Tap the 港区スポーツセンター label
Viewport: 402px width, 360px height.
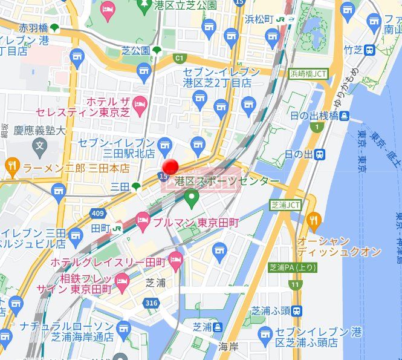point(227,182)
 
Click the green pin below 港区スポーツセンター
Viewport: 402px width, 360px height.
point(192,196)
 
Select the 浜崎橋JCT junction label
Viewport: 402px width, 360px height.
point(308,73)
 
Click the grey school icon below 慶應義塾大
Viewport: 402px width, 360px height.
point(39,145)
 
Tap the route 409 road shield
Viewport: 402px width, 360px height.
point(99,213)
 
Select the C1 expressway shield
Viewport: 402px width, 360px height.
point(178,58)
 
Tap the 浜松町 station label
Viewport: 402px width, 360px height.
point(260,19)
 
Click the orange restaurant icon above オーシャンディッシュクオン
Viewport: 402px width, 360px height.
point(313,220)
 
